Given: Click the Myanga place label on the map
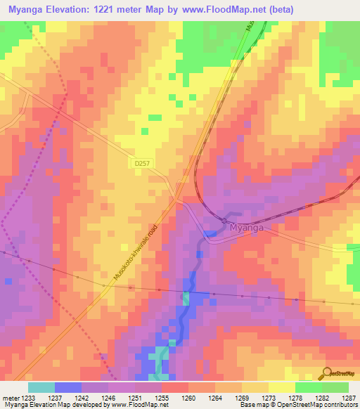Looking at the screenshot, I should (245, 228).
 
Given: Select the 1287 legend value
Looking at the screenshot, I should (349, 398).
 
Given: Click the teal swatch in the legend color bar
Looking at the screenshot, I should (41, 387).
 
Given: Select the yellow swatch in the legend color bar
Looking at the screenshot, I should (281, 387).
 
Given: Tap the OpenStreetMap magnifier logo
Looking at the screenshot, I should (328, 372).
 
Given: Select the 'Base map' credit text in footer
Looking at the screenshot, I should (253, 405).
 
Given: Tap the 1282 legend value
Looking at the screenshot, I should (321, 398).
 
